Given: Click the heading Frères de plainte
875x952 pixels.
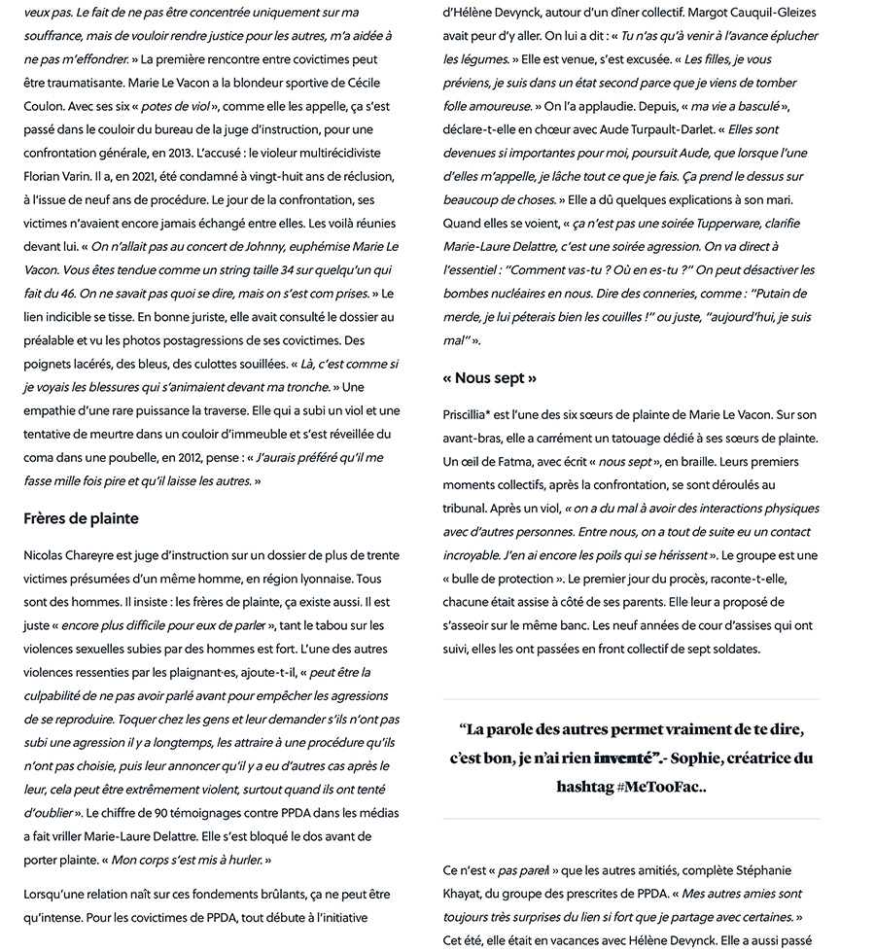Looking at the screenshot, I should (x=81, y=518).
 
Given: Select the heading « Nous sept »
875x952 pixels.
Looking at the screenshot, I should (x=489, y=377).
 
